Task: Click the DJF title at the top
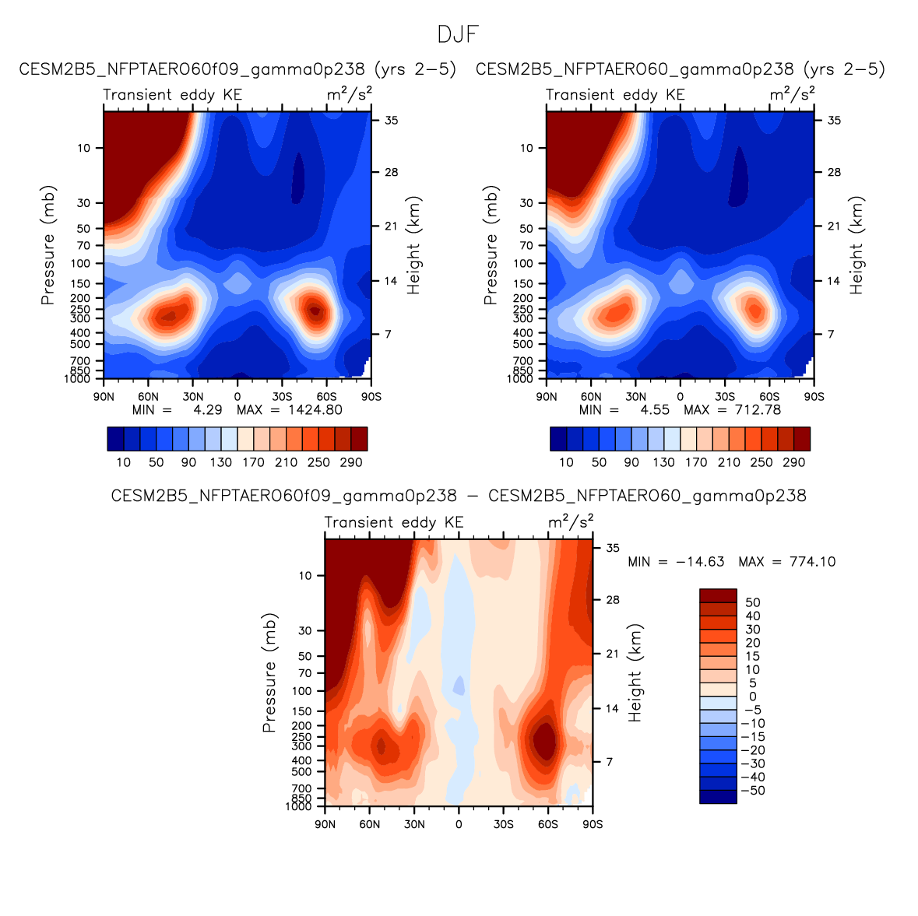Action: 458,34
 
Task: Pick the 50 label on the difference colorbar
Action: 752,602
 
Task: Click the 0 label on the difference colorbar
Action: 752,697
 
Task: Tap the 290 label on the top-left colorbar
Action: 351,462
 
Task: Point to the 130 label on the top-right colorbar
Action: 663,462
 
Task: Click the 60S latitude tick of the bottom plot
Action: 547,825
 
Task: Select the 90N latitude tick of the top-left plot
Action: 104,397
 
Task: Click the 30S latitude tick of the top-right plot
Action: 725,397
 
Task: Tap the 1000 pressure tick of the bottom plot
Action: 298,807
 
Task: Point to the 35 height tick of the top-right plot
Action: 834,121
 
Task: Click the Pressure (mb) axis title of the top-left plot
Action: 48,245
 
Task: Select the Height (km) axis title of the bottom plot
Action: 635,673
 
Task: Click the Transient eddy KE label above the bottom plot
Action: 393,522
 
